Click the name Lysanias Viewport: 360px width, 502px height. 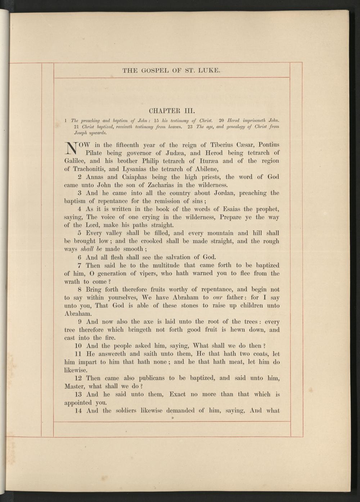pos(134,169)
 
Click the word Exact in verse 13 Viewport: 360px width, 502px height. pos(177,394)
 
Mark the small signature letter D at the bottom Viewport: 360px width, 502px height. pos(173,418)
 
